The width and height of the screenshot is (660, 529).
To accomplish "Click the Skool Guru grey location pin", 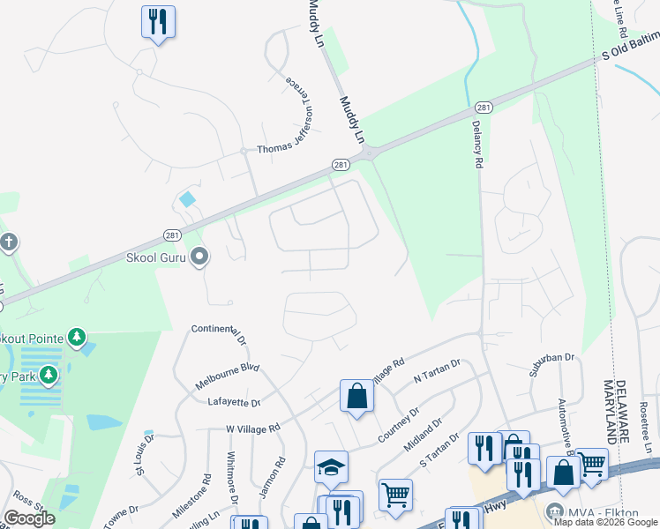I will click(199, 257).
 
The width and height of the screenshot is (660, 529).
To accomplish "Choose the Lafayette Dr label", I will click(234, 402).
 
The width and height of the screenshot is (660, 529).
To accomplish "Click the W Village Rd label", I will click(252, 428).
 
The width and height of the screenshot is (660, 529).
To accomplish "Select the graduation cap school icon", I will click(331, 466).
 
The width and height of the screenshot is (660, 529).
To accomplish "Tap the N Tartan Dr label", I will click(438, 370).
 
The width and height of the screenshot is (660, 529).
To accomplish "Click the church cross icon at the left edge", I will click(8, 242).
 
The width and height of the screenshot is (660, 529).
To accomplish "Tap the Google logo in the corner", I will click(29, 518).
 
